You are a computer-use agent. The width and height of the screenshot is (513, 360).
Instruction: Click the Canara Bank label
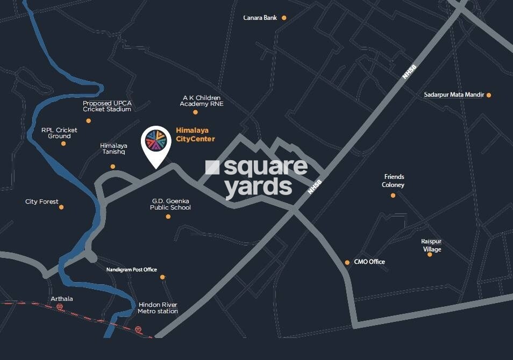pos(260,18)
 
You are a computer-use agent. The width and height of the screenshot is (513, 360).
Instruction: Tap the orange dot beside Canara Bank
pos(284,18)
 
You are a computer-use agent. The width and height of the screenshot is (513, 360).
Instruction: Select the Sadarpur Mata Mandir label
pos(453,95)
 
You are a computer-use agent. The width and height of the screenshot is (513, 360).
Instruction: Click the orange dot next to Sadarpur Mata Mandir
pos(489,95)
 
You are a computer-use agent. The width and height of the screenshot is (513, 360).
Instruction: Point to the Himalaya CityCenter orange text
pos(195,135)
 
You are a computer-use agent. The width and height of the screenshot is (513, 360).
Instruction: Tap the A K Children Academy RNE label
pos(202,101)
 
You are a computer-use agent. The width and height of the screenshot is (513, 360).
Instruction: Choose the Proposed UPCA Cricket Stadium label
pos(107,106)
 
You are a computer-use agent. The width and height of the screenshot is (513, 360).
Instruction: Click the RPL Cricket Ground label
pos(59,133)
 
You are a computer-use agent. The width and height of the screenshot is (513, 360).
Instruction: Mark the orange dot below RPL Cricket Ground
pos(63,143)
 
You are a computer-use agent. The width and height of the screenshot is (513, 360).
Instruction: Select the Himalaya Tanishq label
pos(113,149)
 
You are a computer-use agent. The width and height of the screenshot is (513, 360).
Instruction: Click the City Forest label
pos(42,202)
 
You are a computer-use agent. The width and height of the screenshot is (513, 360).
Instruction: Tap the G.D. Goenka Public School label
pos(170,204)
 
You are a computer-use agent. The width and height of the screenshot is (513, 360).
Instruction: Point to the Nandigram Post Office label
pos(132,269)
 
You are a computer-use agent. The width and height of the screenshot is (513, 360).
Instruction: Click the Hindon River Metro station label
pos(158,308)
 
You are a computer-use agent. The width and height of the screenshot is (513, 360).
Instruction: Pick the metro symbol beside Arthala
pos(59,307)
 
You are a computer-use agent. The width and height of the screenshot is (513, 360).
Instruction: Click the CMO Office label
pos(369,262)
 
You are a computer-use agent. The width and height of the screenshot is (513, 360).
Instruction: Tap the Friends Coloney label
pos(394,181)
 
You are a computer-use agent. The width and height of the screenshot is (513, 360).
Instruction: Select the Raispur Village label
pos(431,246)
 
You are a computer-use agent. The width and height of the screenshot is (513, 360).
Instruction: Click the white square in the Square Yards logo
pos(212,168)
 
